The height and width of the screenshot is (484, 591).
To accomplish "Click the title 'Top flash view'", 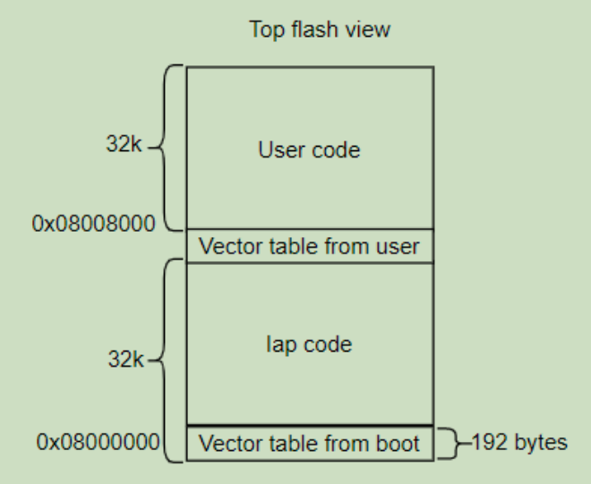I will (320, 30).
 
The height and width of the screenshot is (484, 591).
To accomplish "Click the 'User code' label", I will (309, 149).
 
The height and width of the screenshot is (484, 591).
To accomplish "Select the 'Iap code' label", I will (309, 344).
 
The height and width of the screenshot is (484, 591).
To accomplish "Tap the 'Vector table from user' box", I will (309, 246).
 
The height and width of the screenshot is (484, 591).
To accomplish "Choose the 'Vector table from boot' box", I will (309, 443).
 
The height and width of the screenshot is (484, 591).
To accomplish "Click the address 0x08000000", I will (98, 442).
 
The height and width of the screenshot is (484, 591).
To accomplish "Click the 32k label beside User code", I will (124, 144).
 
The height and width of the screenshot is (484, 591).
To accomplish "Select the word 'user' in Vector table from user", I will (401, 246).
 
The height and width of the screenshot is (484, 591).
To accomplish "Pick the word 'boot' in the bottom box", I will (401, 443).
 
